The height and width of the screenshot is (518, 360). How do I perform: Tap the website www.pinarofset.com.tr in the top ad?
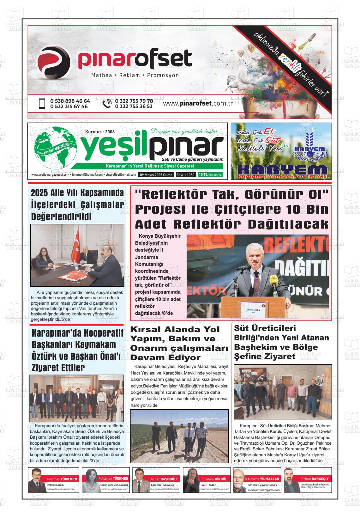tap(198, 104)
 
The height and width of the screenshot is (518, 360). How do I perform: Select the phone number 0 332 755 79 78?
tap(134, 101)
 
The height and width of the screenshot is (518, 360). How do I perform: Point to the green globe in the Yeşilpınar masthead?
tap(55, 149)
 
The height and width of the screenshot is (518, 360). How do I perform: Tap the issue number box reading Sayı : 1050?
tap(185, 175)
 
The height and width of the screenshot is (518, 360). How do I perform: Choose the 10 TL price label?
tap(203, 175)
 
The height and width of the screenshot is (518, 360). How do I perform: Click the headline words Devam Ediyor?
tap(165, 358)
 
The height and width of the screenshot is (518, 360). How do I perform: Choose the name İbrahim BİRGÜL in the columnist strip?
tap(214, 479)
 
